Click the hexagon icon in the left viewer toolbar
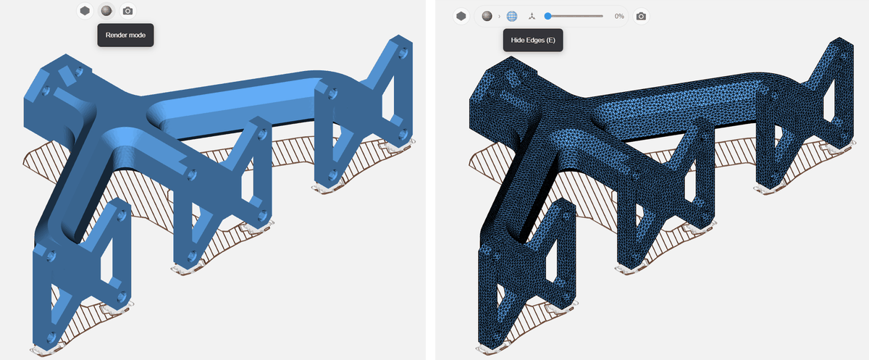coord(85,11)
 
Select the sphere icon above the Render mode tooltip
coord(106,11)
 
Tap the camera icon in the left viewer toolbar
coord(127,12)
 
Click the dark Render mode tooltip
coord(125,35)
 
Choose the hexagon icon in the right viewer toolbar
coord(461,16)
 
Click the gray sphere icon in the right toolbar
coord(487,16)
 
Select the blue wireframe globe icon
coord(512,16)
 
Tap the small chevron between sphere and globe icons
coord(499,16)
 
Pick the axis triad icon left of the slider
coord(532,16)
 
